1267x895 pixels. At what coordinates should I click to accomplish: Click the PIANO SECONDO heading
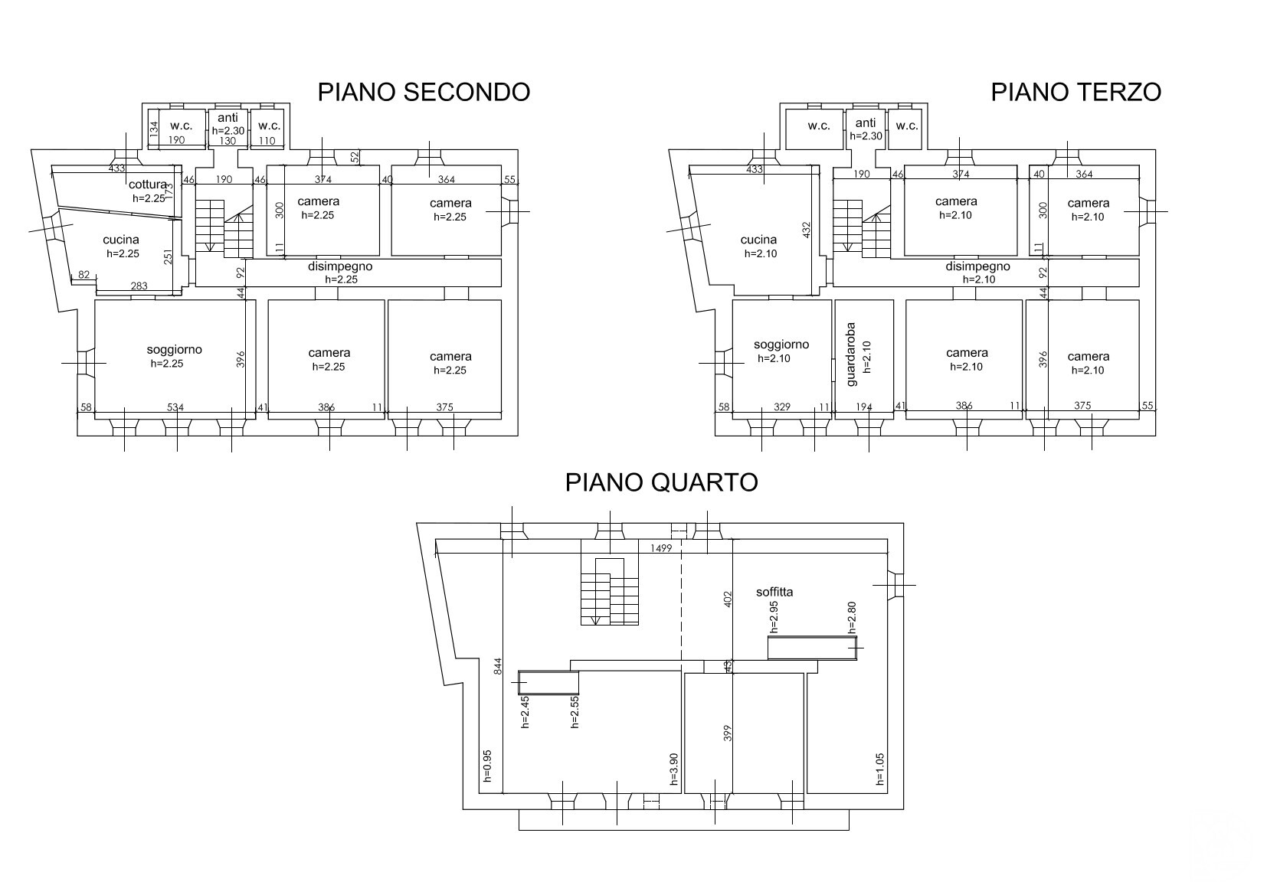point(424,92)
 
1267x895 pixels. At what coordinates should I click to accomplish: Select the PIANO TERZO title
point(1075,92)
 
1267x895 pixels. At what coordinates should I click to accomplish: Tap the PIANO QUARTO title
point(661,482)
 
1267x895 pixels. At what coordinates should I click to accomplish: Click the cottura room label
point(148,185)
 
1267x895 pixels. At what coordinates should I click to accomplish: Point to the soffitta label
point(774,592)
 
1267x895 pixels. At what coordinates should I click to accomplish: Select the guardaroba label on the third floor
point(851,354)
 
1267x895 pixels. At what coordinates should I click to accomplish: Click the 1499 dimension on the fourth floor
point(661,548)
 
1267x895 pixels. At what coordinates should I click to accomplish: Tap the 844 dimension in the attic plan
point(498,666)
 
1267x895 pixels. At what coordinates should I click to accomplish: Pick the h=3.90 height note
point(673,769)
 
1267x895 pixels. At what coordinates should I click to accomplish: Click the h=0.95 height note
point(487,766)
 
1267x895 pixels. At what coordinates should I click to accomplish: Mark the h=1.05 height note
point(879,769)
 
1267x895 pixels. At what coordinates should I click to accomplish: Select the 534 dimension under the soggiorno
point(175,407)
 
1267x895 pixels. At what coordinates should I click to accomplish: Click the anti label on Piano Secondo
point(228,118)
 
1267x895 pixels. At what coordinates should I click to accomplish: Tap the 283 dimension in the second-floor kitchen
point(139,286)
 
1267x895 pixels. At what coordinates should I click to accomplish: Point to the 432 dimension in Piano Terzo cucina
point(807,230)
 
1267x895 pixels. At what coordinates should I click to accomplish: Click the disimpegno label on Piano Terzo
point(978,266)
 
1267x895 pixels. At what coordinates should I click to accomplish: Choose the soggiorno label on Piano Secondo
point(174,349)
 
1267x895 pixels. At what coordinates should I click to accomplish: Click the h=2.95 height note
point(774,616)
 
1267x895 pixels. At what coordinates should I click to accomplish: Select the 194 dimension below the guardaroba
point(864,407)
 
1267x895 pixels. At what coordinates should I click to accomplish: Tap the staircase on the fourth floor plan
point(610,591)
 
